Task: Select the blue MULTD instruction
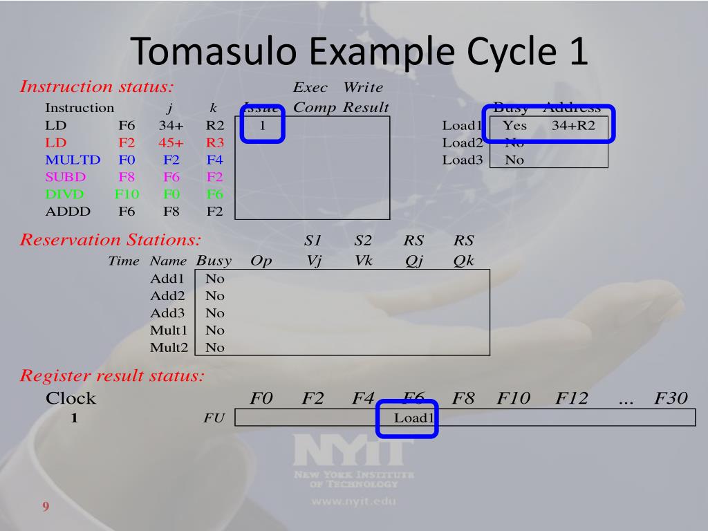click(73, 160)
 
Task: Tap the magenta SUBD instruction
click(66, 177)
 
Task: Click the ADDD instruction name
click(67, 212)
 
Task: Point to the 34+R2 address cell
click(573, 126)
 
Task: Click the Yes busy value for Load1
click(514, 126)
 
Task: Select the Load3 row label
click(461, 160)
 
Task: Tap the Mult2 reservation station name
click(169, 347)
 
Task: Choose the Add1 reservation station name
click(167, 279)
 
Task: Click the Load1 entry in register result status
click(413, 418)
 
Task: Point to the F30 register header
click(671, 398)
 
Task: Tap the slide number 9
click(46, 507)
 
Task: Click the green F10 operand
click(127, 194)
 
